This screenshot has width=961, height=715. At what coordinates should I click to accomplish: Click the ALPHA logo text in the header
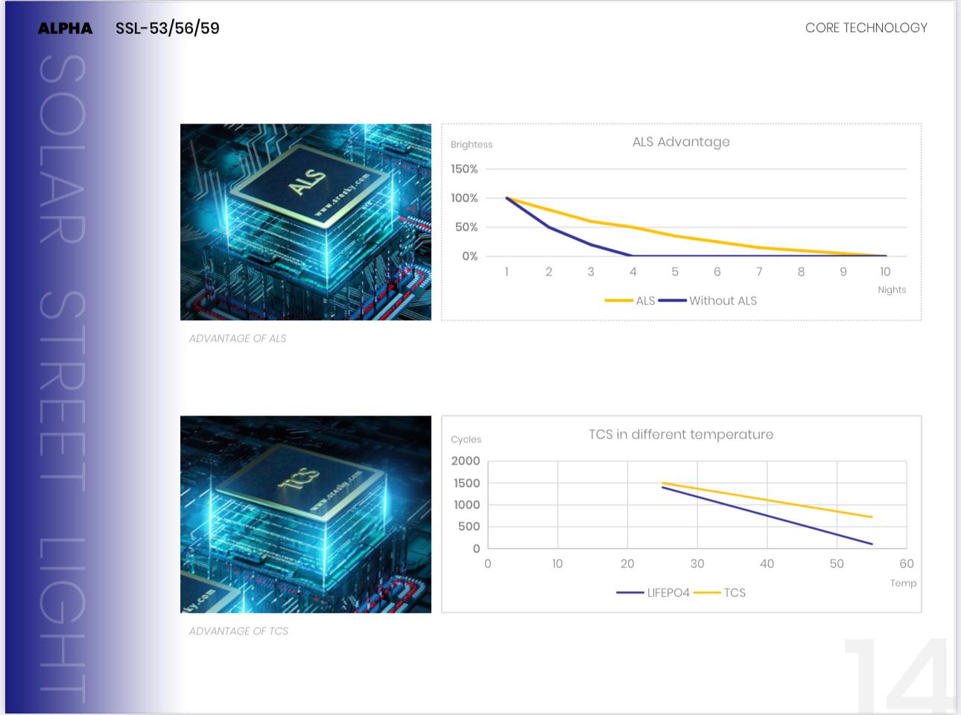click(66, 28)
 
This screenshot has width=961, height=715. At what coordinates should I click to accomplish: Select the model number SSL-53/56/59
click(168, 28)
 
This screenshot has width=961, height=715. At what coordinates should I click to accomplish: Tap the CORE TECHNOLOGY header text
click(866, 28)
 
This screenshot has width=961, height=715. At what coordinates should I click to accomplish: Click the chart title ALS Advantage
click(681, 142)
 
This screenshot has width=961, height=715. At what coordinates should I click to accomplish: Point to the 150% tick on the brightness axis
click(464, 169)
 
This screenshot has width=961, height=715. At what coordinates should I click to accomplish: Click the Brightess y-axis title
click(472, 144)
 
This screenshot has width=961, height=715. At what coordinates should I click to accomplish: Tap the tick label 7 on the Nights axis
click(759, 272)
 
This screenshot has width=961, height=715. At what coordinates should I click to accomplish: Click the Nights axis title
click(892, 290)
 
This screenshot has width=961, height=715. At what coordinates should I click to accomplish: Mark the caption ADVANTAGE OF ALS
click(238, 338)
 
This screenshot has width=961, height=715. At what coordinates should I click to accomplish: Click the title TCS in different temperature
click(681, 434)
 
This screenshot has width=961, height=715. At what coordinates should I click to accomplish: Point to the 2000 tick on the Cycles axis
click(466, 461)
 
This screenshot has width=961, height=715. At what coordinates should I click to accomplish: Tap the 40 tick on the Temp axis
click(767, 564)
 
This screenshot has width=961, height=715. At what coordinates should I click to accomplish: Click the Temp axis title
click(903, 583)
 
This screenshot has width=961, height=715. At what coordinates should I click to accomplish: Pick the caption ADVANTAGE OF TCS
click(238, 631)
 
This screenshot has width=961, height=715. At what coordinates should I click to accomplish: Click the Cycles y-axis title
click(466, 439)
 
